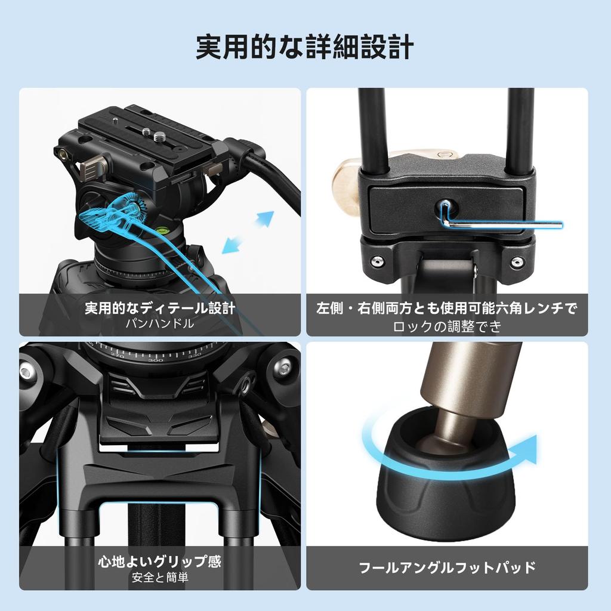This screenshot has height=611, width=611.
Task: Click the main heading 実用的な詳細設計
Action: pos(305,47)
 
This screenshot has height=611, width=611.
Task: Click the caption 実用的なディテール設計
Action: pos(160,308)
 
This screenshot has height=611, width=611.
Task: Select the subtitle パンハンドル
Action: pos(160,323)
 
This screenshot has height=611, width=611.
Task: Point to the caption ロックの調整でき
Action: pos(447,326)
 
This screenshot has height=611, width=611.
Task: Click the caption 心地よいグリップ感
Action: pos(160,561)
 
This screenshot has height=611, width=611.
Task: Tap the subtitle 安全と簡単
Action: pos(160,577)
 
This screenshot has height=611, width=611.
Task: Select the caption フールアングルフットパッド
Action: pos(447,567)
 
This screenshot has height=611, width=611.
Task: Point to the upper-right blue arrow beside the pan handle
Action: pos(265,218)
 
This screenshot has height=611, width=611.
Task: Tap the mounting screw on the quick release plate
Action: pos(160,137)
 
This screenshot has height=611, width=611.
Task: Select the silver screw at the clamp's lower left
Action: pos(377,261)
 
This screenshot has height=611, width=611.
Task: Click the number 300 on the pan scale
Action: pos(155,360)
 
